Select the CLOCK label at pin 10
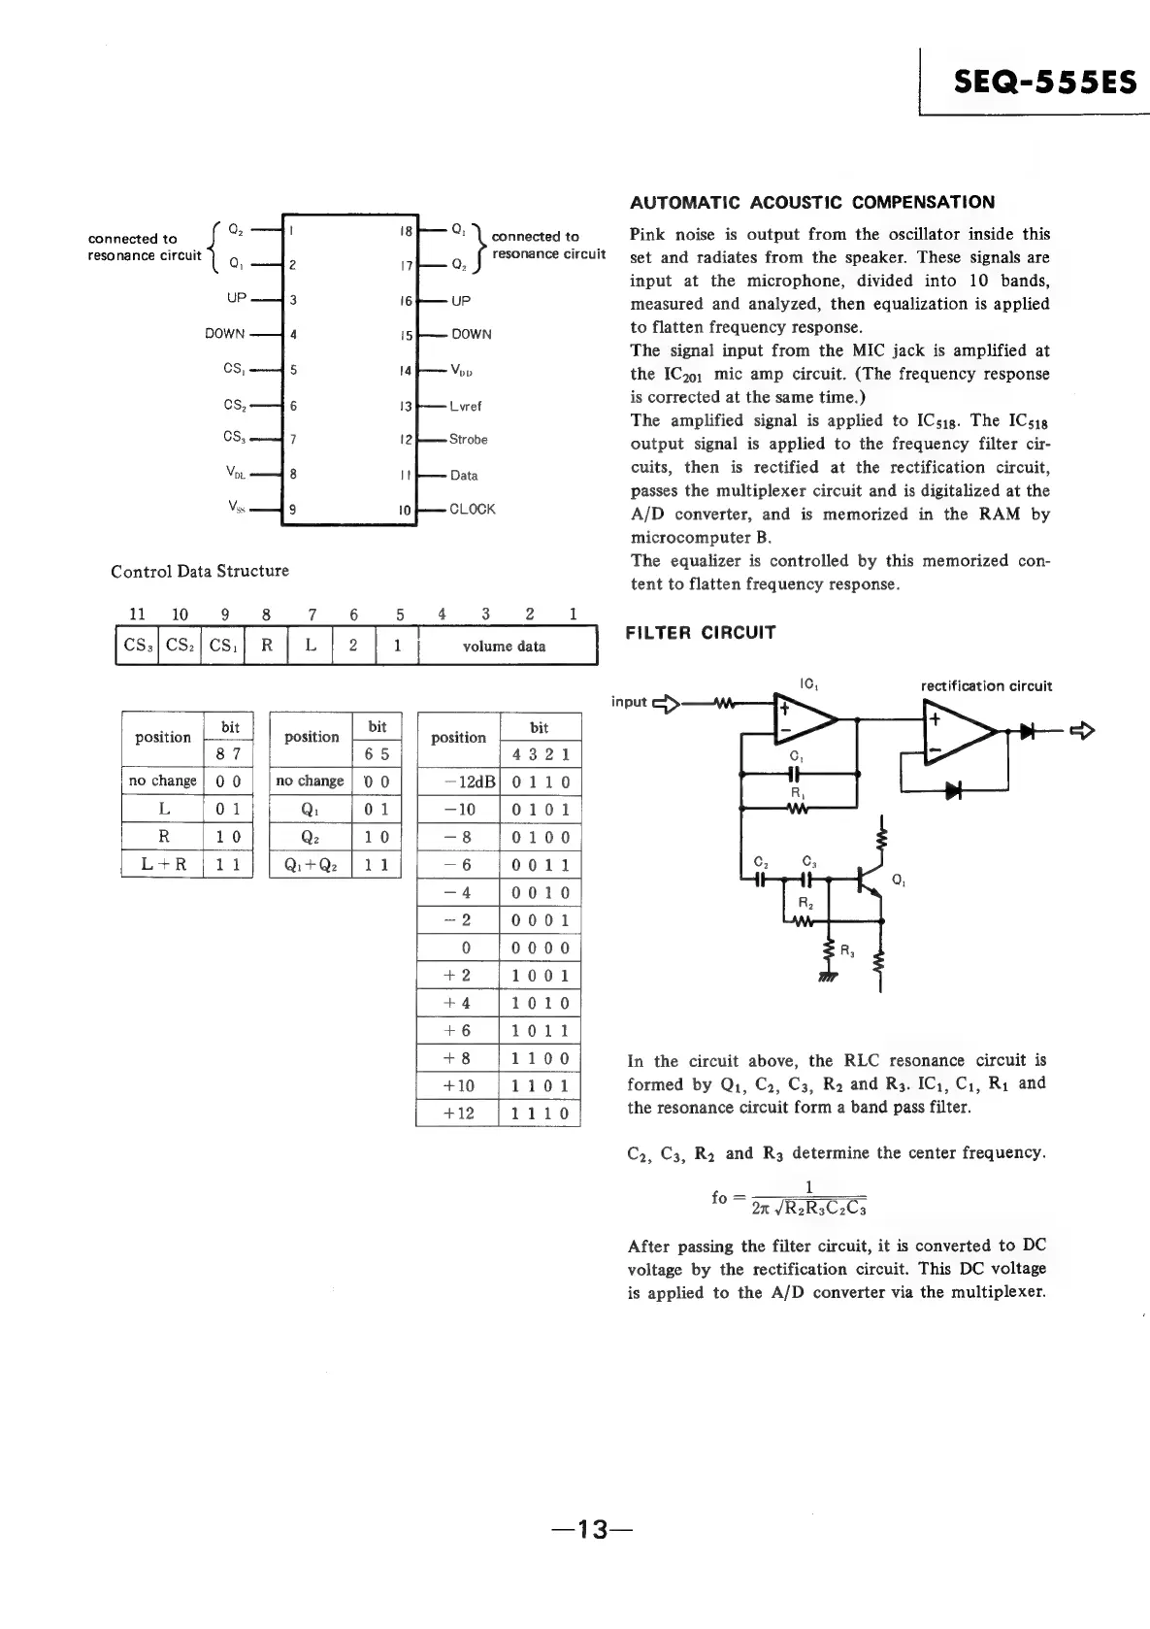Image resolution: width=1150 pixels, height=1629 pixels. click(472, 510)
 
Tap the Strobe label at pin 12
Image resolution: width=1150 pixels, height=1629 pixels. click(468, 440)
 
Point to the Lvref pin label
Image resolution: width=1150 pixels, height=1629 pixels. click(466, 406)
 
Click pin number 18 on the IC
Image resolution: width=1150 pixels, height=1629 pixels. click(406, 232)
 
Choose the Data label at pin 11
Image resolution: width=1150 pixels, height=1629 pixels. click(464, 476)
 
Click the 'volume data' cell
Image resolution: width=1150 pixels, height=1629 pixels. click(505, 647)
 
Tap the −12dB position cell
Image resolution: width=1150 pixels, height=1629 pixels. click(458, 782)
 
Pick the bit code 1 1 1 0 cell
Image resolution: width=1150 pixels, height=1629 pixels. click(540, 1114)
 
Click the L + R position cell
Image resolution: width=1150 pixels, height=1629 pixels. click(163, 864)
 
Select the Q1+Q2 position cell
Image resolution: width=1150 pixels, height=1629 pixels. click(311, 864)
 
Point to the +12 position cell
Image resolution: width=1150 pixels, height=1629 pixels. click(458, 1114)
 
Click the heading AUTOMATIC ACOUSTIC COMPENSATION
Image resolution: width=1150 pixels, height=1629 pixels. click(811, 202)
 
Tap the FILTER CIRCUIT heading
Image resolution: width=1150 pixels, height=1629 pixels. click(700, 633)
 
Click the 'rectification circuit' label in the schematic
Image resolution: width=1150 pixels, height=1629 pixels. click(986, 686)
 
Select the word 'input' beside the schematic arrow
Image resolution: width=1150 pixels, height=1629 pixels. click(629, 702)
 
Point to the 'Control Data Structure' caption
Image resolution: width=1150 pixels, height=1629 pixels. click(200, 571)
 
